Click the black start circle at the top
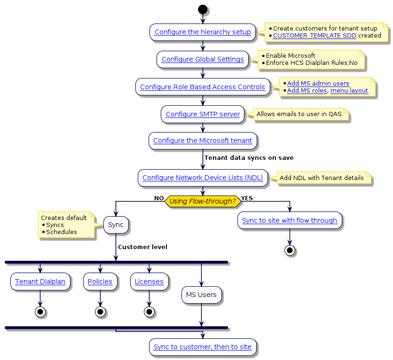(203, 9)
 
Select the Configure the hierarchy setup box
(203, 32)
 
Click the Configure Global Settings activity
(203, 60)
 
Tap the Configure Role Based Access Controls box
(203, 87)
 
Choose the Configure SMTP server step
(203, 114)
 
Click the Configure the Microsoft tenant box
(203, 141)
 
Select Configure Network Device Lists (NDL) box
(203, 178)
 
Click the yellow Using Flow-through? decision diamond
(203, 201)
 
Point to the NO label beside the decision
(159, 198)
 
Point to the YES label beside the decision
(247, 198)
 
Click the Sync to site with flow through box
(290, 221)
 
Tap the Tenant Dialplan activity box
(40, 282)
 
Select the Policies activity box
(100, 282)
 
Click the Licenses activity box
(149, 282)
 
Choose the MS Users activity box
(201, 295)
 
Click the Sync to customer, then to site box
(203, 347)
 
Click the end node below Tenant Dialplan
(40, 312)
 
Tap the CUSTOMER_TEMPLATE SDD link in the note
(314, 36)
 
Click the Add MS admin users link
(318, 84)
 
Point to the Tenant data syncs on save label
(249, 158)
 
